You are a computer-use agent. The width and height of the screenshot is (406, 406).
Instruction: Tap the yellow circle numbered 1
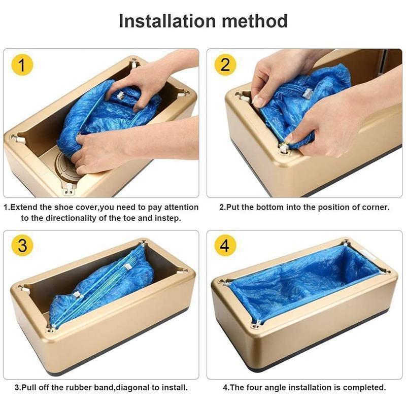pos(22,65)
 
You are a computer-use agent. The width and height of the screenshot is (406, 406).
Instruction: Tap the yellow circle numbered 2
pos(225,65)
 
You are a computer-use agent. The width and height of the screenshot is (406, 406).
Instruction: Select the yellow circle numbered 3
pos(22,246)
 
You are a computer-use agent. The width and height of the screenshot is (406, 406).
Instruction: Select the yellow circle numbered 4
pos(225,246)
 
